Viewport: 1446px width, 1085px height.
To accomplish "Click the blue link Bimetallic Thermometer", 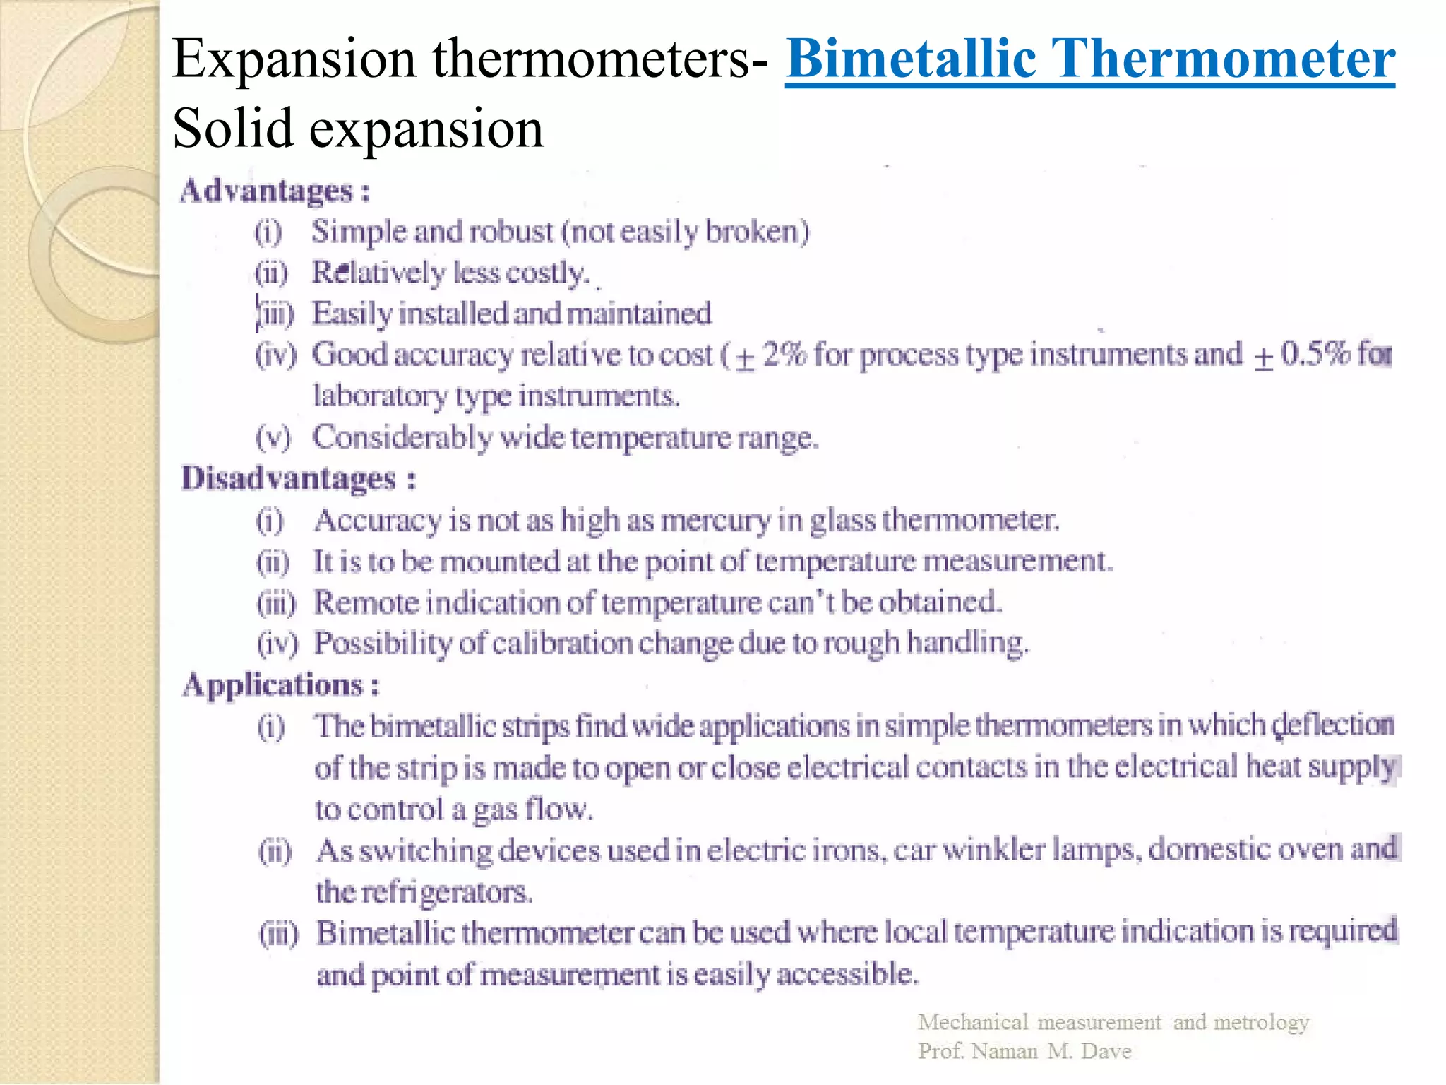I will tap(1089, 59).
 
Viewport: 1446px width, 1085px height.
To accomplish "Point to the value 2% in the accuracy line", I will tap(784, 354).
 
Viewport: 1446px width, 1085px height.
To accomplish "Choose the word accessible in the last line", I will tap(847, 974).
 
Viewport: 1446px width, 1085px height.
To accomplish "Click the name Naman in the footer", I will tap(1004, 1051).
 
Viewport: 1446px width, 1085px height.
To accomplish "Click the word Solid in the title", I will tap(232, 129).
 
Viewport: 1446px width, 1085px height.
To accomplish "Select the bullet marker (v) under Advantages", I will tap(273, 438).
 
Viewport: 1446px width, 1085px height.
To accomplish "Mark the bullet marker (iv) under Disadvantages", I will tap(277, 644).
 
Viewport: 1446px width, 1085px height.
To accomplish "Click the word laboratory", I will tap(380, 396).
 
